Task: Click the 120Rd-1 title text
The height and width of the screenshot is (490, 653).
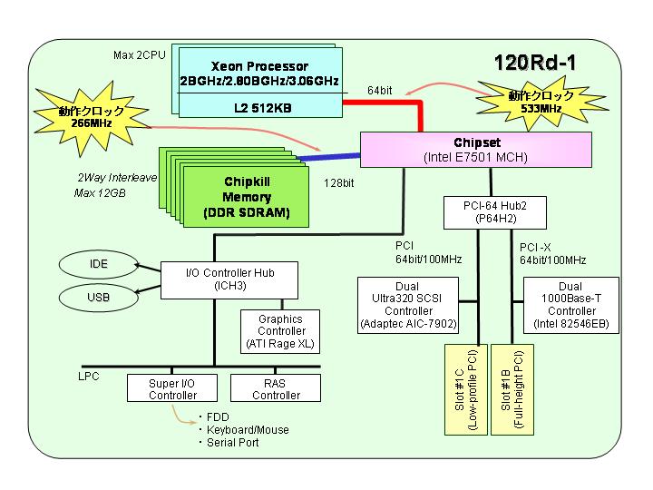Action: [x=535, y=63]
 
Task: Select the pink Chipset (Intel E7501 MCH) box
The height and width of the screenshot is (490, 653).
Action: [x=475, y=150]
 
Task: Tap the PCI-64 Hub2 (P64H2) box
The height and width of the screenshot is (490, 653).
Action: [x=495, y=212]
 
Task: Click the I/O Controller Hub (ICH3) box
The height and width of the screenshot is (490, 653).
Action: [x=229, y=280]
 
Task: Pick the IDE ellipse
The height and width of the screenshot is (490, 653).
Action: [x=98, y=264]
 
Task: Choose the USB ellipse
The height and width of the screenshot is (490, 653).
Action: [x=98, y=298]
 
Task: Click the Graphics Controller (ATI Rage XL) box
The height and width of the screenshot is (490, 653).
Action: [x=280, y=331]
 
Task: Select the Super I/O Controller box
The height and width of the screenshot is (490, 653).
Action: [x=172, y=388]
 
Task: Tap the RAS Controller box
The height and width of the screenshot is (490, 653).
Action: [x=276, y=388]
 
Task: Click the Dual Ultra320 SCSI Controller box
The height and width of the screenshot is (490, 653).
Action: [x=408, y=305]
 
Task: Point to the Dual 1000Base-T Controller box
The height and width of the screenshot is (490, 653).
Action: [x=571, y=305]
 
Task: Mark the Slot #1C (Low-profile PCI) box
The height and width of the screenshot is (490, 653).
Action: [x=466, y=389]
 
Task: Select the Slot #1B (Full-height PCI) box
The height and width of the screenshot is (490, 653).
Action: [x=512, y=389]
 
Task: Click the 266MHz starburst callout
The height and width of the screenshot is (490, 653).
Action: [x=92, y=117]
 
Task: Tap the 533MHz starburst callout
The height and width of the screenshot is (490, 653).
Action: [x=541, y=103]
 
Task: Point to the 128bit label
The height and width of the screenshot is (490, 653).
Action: [x=339, y=183]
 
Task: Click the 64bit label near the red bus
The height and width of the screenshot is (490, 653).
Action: [x=379, y=91]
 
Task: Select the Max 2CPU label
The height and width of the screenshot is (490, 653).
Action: [x=140, y=55]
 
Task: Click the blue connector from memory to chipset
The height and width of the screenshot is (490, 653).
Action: [x=328, y=157]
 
